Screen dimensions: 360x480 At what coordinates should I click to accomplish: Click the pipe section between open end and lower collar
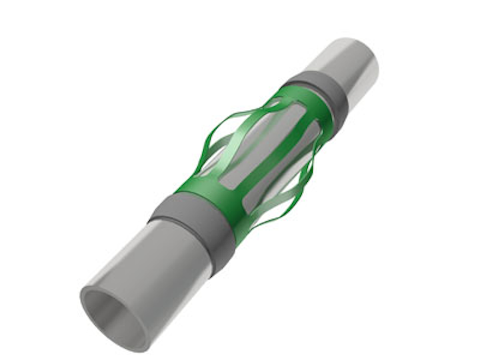tap(160, 267)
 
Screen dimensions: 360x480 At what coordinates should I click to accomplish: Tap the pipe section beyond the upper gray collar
tap(347, 67)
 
